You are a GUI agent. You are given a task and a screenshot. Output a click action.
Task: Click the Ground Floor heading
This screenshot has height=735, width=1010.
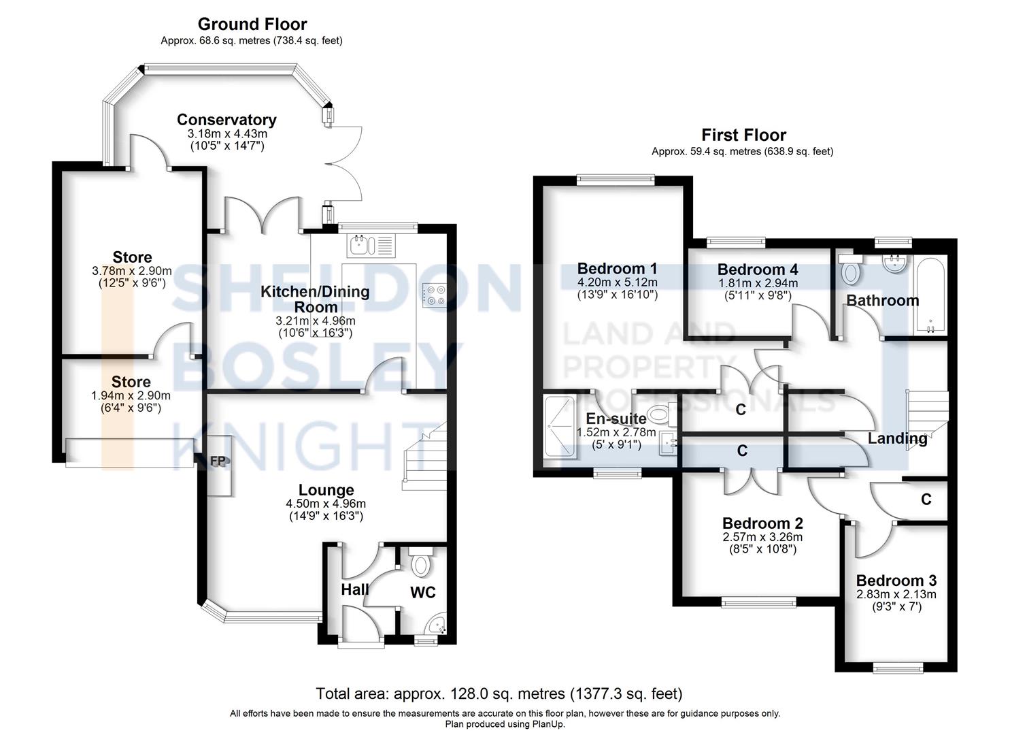[x=252, y=24]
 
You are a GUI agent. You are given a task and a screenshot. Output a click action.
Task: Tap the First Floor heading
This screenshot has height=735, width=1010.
[x=743, y=135]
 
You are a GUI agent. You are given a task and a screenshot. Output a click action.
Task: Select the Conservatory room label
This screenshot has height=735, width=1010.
[x=226, y=120]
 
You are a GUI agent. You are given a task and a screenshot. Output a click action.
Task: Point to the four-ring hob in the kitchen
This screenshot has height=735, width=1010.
[x=435, y=295]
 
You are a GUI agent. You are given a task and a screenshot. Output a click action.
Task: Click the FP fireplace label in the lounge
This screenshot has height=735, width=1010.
[x=218, y=461]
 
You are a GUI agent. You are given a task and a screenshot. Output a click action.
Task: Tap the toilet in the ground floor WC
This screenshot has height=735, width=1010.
[x=422, y=563]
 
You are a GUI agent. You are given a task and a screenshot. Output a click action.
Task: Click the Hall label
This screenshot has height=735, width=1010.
[x=354, y=590]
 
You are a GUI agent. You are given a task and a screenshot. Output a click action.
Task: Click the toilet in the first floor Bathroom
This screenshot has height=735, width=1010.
[x=849, y=272]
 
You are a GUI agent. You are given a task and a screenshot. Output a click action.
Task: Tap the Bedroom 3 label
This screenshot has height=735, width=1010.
[x=896, y=581]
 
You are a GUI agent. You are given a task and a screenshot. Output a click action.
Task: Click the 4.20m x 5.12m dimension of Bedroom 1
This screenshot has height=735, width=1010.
[x=617, y=282]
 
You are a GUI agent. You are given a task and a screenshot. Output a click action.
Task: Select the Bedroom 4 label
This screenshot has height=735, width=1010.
[x=758, y=269]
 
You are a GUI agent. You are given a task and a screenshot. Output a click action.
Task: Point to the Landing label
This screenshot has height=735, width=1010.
[x=897, y=438]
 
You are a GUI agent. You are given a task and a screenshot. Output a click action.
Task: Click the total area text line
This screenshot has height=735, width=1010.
[x=499, y=693]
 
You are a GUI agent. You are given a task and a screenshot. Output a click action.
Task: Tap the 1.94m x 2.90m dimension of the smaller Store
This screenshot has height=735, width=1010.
[x=131, y=395]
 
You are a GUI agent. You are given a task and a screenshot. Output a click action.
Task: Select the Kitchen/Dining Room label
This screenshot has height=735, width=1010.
[x=316, y=299]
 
